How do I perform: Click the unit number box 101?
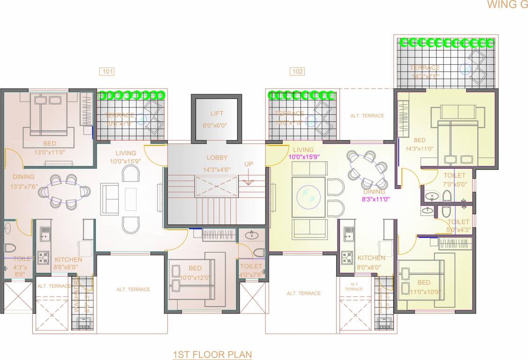[107, 72]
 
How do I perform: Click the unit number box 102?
[297, 72]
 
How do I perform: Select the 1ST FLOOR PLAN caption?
[212, 354]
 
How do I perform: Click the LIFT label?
[217, 113]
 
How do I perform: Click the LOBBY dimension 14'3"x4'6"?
[217, 170]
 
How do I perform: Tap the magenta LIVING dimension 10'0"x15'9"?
[303, 157]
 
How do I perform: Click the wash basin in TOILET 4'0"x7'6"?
[252, 234]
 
